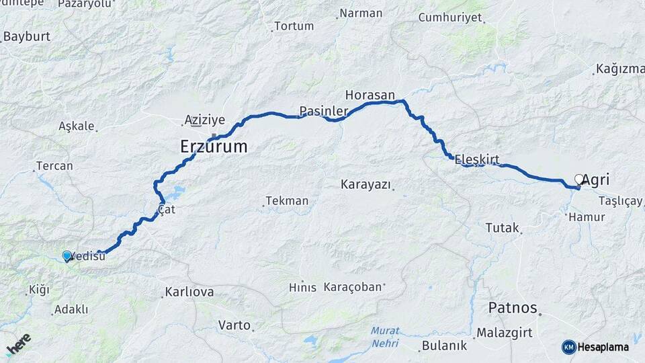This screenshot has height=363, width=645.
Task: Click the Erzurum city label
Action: point(214,146)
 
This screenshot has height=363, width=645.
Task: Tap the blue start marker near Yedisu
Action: point(67,256)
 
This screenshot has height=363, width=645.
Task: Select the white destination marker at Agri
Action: point(579,179)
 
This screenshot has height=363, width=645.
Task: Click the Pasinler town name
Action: point(324,110)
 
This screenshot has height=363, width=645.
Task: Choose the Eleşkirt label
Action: point(478,159)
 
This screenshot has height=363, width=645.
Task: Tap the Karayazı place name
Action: point(365,184)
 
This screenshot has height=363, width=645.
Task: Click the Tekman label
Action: point(287,200)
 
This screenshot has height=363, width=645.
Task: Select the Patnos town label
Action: point(512,308)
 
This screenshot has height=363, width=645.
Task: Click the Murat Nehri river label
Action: point(385,337)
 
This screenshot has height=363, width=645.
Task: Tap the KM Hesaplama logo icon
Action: point(569,347)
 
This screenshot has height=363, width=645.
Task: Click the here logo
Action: point(18,344)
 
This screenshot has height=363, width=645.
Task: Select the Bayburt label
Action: point(27,36)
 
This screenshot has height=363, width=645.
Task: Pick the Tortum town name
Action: point(294,26)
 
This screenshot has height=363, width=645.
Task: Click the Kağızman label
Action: point(619,69)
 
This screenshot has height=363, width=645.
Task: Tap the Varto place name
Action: point(234,325)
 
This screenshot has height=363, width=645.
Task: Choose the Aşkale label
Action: point(76,126)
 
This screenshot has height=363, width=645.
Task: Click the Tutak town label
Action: point(502,228)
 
